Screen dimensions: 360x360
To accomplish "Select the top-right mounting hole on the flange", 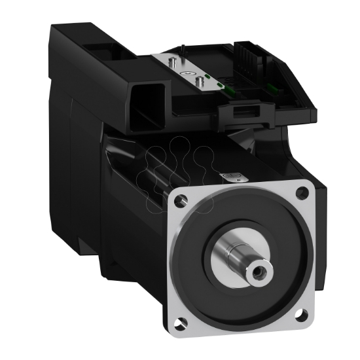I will click(x=302, y=192).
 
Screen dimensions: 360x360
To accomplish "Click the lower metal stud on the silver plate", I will click(x=197, y=82).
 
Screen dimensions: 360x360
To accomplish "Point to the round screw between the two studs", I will click(x=190, y=74).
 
